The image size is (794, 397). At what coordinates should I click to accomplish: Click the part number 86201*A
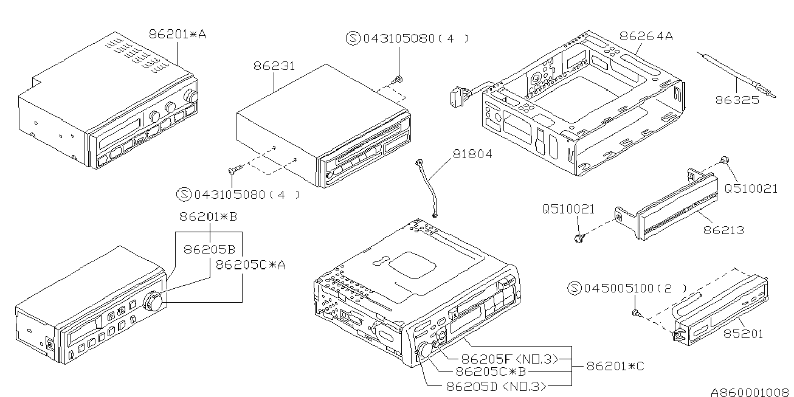[x=177, y=35]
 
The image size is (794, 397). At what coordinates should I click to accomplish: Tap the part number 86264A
[x=646, y=36]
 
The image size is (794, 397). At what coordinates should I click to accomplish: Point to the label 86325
[x=737, y=100]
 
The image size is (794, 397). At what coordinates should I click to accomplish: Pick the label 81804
[x=471, y=154]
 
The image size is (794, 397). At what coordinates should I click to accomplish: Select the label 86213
[x=723, y=230]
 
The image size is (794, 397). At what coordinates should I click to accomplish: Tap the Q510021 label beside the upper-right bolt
[x=750, y=188]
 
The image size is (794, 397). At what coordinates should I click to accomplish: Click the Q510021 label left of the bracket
[x=568, y=209]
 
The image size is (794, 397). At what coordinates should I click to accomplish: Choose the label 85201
[x=742, y=333]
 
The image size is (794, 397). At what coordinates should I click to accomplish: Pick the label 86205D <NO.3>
[x=495, y=385]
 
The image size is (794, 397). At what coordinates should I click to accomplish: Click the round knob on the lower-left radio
[x=153, y=301]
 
